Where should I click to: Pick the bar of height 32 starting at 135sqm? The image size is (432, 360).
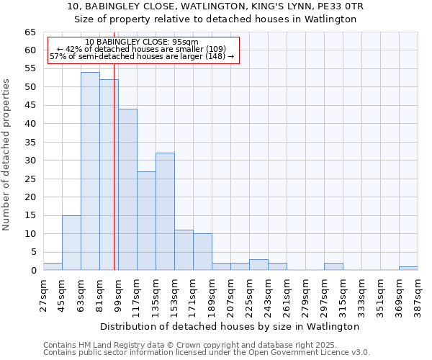pos(165,212)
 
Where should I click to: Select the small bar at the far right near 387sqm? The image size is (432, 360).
pos(408,269)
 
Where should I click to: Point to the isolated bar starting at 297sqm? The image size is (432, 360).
pos(333,266)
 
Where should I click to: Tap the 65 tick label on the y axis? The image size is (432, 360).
pos(30,32)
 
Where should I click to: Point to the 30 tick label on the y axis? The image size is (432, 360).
pos(30,161)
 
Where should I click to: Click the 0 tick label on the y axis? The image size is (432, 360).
pos(32,271)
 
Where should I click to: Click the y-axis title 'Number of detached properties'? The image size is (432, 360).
pos(7,155)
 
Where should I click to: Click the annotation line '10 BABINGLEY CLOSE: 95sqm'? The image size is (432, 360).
pos(141,42)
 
